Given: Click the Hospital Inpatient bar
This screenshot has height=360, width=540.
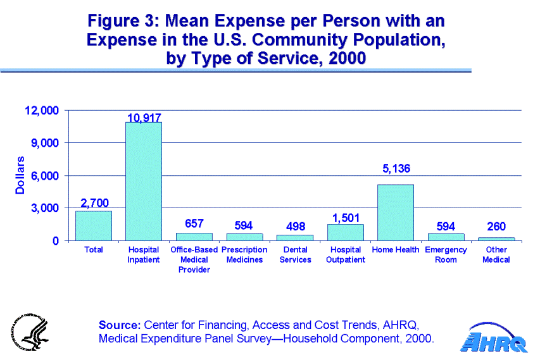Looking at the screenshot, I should pyautogui.click(x=144, y=182).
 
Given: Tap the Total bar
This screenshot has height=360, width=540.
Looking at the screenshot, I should pyautogui.click(x=94, y=226).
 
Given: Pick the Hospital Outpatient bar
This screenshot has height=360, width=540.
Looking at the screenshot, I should pyautogui.click(x=346, y=232).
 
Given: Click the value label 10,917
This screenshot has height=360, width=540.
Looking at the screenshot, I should pyautogui.click(x=144, y=118).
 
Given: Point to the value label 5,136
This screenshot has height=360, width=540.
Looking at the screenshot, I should pyautogui.click(x=396, y=169).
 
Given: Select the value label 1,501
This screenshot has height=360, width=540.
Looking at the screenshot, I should pyautogui.click(x=346, y=218).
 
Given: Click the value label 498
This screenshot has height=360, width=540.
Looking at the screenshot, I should pyautogui.click(x=295, y=227).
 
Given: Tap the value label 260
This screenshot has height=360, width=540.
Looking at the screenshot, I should pyautogui.click(x=496, y=227).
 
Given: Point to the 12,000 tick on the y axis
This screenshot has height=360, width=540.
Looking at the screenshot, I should pyautogui.click(x=41, y=111).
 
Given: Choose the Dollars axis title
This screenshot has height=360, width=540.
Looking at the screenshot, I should pyautogui.click(x=20, y=175).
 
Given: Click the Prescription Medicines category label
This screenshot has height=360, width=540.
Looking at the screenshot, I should pyautogui.click(x=244, y=255).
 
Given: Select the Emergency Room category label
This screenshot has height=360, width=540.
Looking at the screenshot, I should pyautogui.click(x=446, y=255).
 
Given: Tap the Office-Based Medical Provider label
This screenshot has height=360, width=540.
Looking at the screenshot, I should pyautogui.click(x=194, y=259).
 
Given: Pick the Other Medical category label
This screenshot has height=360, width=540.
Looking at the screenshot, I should pyautogui.click(x=496, y=255).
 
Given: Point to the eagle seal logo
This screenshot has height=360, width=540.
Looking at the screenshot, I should pyautogui.click(x=28, y=330).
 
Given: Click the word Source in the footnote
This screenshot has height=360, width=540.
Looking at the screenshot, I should pyautogui.click(x=120, y=325).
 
